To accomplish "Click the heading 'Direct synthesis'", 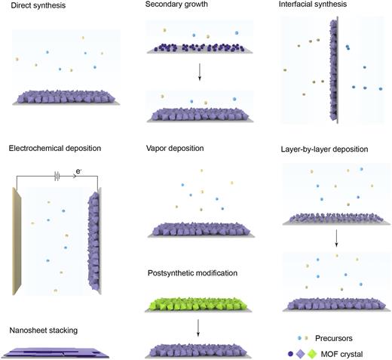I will point(34,7).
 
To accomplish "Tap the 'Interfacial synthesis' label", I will point(314,7).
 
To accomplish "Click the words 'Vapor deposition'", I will point(174,149).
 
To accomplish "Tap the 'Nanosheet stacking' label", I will point(44,330).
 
